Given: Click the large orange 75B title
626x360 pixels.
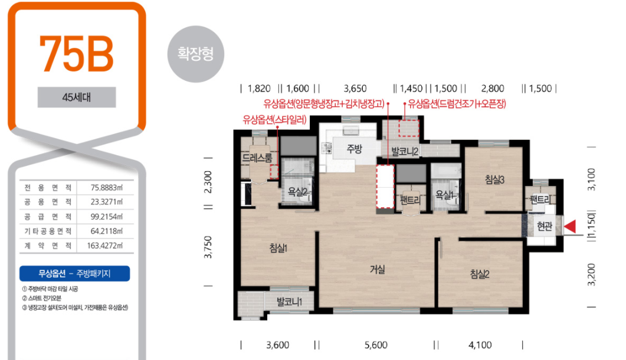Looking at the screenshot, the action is (76, 54).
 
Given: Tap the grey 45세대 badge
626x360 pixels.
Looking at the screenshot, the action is (77, 97).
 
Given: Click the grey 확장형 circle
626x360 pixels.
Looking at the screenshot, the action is (196, 54).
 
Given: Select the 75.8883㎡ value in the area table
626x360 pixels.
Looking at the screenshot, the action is (107, 188).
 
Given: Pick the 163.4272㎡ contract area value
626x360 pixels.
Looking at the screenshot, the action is (105, 246).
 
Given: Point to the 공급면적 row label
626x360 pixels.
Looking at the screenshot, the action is (48, 217).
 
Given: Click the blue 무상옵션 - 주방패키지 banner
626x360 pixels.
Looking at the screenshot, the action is (75, 274).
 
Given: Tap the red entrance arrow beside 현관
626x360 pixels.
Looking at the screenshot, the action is (570, 226).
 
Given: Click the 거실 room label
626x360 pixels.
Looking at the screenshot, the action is (377, 269).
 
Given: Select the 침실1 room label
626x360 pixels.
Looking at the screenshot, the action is (278, 248).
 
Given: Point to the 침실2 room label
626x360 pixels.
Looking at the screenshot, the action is (480, 274).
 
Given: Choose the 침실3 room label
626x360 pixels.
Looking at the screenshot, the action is (494, 180).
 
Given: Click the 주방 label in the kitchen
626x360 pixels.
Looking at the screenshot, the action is (354, 149).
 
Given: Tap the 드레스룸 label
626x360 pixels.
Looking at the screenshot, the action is (257, 158).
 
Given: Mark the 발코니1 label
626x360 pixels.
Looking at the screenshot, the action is (290, 302).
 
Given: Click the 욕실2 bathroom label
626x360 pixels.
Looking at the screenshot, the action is (297, 192).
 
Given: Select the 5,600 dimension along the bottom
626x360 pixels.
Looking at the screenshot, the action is (376, 345).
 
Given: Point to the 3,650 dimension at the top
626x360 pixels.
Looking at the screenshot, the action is (355, 89).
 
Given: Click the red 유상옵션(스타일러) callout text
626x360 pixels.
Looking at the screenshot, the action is (275, 119).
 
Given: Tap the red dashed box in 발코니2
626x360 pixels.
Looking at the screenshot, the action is (409, 127).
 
